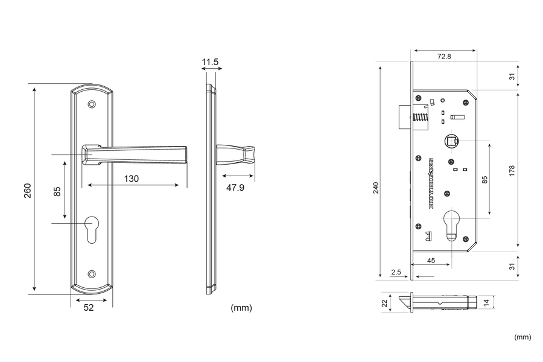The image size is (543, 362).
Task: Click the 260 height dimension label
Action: coord(28,190)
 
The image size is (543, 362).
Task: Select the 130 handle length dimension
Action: coord(131,178)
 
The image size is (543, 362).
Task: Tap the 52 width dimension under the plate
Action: coord(89,308)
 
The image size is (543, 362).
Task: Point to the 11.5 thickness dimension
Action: coord(211,62)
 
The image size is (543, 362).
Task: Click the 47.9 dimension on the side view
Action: coord(235,188)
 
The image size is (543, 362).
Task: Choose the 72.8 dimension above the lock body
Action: coord(444,56)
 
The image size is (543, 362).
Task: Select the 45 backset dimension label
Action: coord(431,260)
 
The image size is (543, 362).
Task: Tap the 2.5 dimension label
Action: coord(396,273)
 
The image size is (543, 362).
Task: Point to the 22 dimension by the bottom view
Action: coord(384,303)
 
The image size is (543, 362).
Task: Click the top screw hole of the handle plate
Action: coord(92,105)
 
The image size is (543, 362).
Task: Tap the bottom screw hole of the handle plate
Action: coord(92,273)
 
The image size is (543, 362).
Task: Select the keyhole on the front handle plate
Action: coord(92,230)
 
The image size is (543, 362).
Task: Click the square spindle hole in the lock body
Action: coord(450,141)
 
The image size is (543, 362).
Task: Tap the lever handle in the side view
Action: coord(237,156)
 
